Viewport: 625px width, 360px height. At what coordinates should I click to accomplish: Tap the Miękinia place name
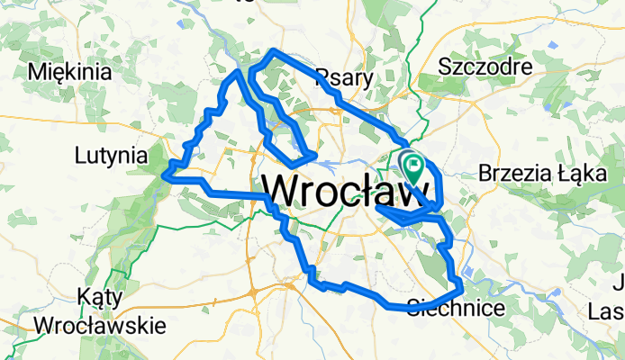tap(70, 71)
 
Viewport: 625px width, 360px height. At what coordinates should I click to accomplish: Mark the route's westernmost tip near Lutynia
tap(165, 175)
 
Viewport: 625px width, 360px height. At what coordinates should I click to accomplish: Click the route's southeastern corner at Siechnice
tap(461, 288)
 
